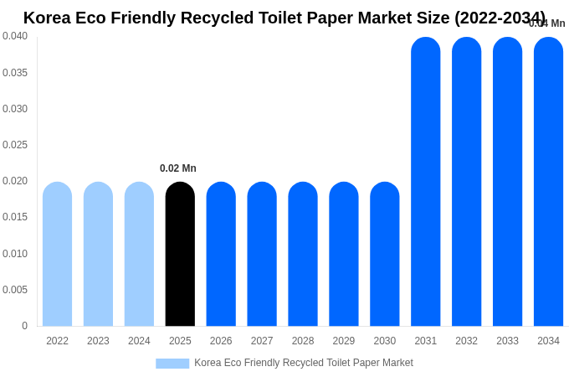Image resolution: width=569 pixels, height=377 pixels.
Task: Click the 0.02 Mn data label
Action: (178, 168)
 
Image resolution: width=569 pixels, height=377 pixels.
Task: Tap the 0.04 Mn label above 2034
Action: (547, 23)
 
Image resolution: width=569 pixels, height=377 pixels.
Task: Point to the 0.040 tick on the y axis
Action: (15, 36)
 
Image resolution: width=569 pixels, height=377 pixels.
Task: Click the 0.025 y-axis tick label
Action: (15, 145)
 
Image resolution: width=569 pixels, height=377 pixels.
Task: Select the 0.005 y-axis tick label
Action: (15, 290)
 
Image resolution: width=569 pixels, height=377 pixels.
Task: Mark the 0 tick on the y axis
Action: (24, 326)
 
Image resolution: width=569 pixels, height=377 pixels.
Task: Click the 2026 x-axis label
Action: (221, 341)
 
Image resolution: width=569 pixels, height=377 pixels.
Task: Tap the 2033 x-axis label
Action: (507, 341)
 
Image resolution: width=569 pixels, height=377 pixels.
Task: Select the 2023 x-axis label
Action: (98, 341)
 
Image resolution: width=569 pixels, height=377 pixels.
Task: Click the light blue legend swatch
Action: (172, 363)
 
